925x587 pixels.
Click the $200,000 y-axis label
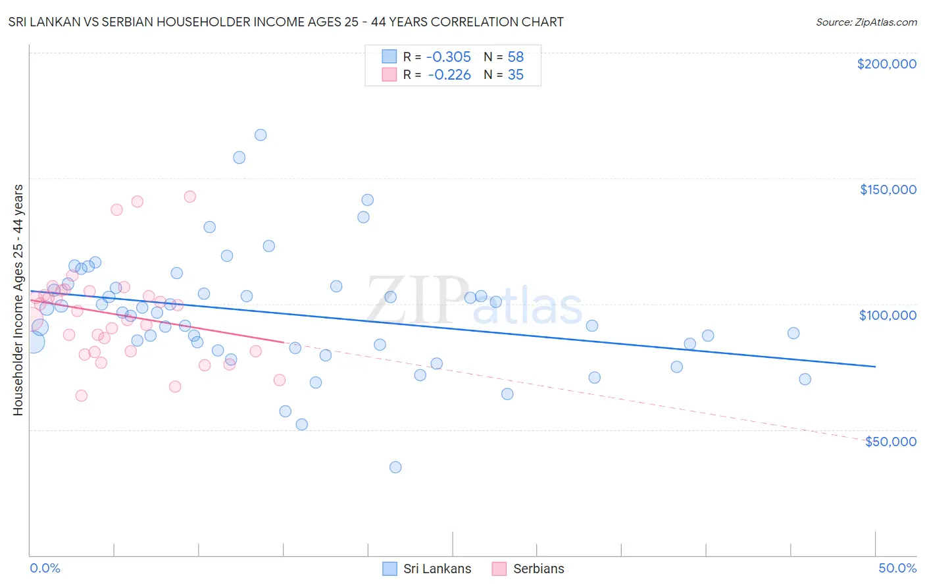886,64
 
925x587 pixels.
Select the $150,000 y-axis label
888,190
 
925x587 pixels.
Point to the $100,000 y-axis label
888,315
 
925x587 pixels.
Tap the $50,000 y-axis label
890,442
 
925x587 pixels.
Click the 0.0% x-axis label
45,568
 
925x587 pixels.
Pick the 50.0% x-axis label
897,568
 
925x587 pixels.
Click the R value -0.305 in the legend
449,57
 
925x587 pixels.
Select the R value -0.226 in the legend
449,75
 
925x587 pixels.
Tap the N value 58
515,57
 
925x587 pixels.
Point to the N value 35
515,75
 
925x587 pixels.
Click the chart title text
286,22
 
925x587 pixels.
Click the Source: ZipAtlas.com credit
866,22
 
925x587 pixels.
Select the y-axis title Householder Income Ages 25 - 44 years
18,300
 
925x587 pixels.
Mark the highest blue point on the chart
261,135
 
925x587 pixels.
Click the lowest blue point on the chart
395,467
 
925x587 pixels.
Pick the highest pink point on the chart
190,196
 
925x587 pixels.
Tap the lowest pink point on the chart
82,396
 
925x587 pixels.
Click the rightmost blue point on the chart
805,379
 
